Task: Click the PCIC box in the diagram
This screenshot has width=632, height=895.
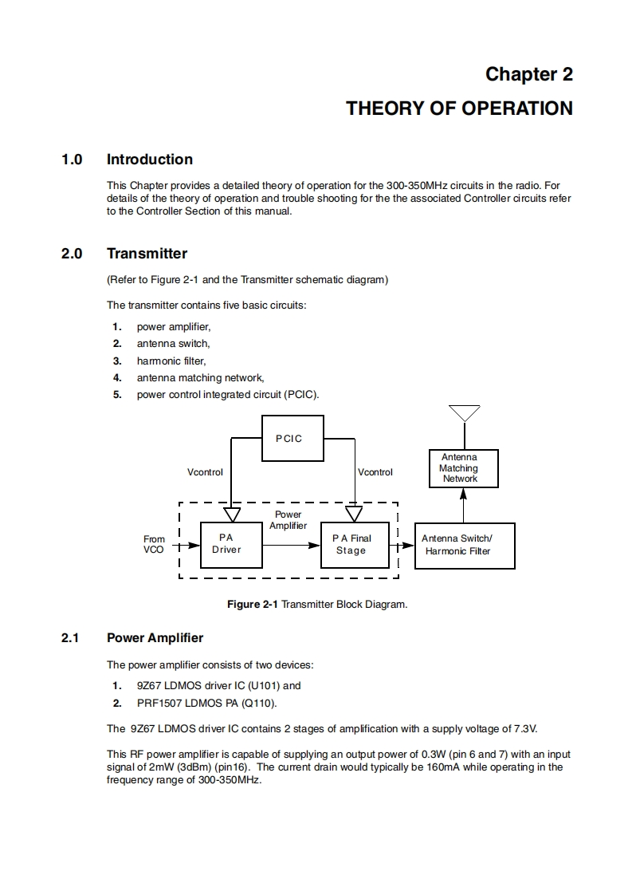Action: [292, 438]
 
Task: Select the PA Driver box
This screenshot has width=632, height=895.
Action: [231, 544]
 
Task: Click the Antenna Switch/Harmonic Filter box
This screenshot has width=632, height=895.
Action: [465, 545]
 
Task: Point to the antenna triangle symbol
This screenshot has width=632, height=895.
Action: [464, 412]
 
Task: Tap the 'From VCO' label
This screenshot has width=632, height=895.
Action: [154, 544]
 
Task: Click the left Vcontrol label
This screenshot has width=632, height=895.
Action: [205, 472]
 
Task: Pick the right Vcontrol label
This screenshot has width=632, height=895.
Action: [375, 472]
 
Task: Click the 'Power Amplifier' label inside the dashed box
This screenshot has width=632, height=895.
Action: [288, 520]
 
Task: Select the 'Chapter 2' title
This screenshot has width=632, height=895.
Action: [529, 74]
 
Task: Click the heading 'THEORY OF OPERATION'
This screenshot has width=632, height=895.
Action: [459, 108]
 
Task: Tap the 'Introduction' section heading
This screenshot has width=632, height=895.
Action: [150, 160]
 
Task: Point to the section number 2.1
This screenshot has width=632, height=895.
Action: [71, 638]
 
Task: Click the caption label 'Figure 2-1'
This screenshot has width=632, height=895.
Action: [253, 605]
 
